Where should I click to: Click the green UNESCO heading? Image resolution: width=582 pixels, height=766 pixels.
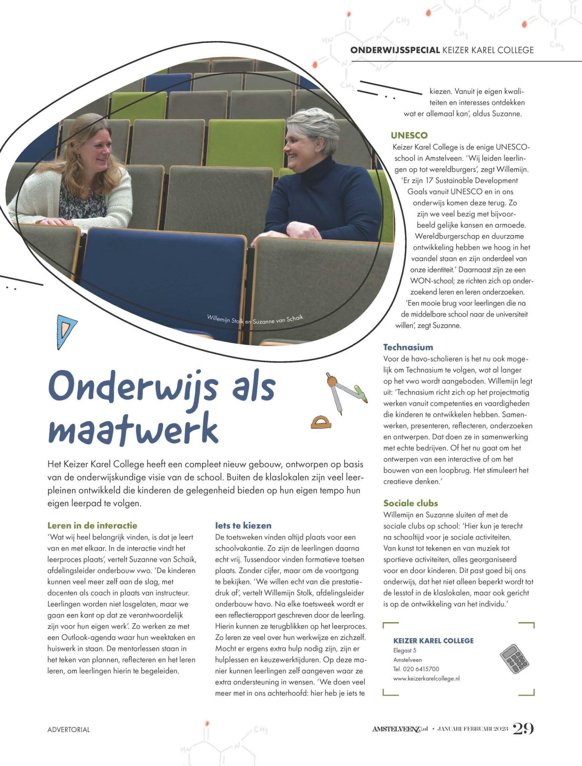click(x=409, y=135)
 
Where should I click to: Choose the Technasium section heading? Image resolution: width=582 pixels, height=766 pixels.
click(x=408, y=347)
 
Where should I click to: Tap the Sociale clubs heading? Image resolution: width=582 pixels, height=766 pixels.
click(x=411, y=503)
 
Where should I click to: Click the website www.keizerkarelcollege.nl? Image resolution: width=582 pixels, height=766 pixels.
click(x=426, y=679)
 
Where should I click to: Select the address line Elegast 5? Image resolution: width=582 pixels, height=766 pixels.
click(x=405, y=650)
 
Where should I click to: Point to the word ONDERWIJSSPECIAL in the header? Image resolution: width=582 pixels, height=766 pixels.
click(x=395, y=50)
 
